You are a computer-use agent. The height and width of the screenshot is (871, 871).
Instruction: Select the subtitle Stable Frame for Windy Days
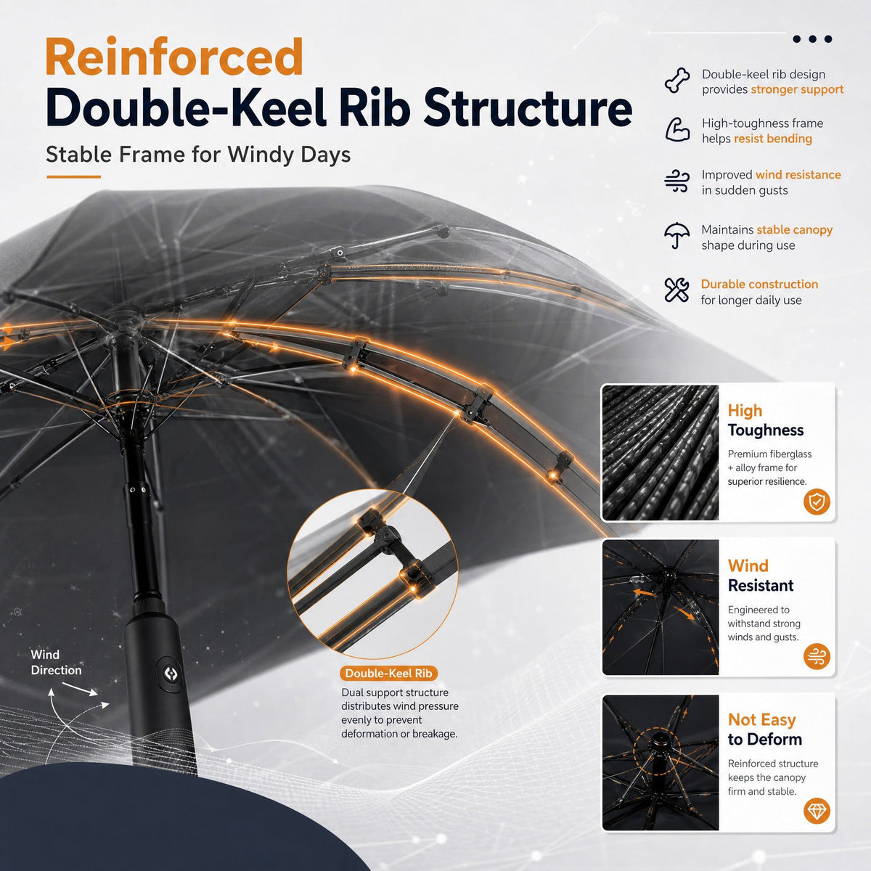click(198, 155)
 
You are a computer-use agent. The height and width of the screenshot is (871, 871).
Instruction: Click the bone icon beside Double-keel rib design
click(677, 81)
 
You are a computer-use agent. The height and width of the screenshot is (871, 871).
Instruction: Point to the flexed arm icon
click(677, 130)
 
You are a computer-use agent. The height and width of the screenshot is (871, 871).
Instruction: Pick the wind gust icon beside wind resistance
click(677, 181)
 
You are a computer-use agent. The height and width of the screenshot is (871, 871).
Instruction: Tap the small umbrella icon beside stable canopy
click(676, 235)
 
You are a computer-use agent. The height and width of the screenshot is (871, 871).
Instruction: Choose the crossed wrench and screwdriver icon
click(676, 290)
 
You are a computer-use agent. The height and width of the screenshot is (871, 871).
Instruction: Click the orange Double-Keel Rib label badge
click(388, 673)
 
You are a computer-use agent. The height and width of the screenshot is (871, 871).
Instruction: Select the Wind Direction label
click(56, 662)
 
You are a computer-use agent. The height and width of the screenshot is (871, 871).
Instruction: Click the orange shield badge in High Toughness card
click(817, 502)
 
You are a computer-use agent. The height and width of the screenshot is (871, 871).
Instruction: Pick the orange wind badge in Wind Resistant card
click(817, 656)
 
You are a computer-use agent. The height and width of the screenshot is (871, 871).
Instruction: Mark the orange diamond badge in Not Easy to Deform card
click(817, 811)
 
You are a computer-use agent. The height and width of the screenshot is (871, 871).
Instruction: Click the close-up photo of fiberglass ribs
click(661, 452)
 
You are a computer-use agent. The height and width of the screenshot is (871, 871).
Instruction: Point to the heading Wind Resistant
click(761, 576)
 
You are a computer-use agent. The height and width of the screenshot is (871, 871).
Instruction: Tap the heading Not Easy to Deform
click(765, 729)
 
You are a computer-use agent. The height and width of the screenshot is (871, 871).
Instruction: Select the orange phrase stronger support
click(797, 89)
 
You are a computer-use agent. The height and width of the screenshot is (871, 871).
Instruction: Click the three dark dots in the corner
click(812, 39)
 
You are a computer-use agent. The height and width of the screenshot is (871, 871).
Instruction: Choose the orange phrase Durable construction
click(759, 285)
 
